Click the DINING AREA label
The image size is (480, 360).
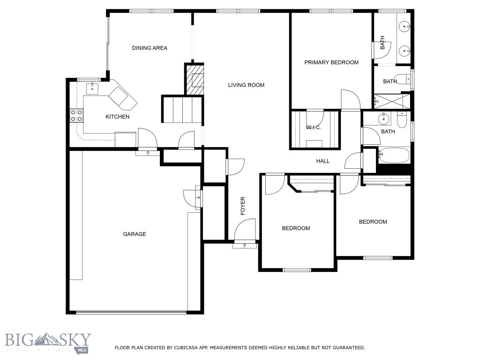point(150,48)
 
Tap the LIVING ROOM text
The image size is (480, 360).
point(246,85)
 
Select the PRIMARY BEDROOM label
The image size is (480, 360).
point(331,62)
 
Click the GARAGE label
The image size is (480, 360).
point(135,234)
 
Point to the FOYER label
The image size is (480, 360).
point(243,206)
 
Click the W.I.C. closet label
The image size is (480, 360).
point(314,127)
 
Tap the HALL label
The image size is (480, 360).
point(322,161)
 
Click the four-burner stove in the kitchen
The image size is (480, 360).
point(76,115)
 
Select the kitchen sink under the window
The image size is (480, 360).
point(92,87)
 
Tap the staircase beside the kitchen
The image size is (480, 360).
point(183,110)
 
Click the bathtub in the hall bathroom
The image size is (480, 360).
point(394,155)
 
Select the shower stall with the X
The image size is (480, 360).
point(391,101)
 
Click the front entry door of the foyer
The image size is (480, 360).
point(244,232)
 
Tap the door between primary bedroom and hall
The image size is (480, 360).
point(350,100)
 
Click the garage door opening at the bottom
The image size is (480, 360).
point(131,312)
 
